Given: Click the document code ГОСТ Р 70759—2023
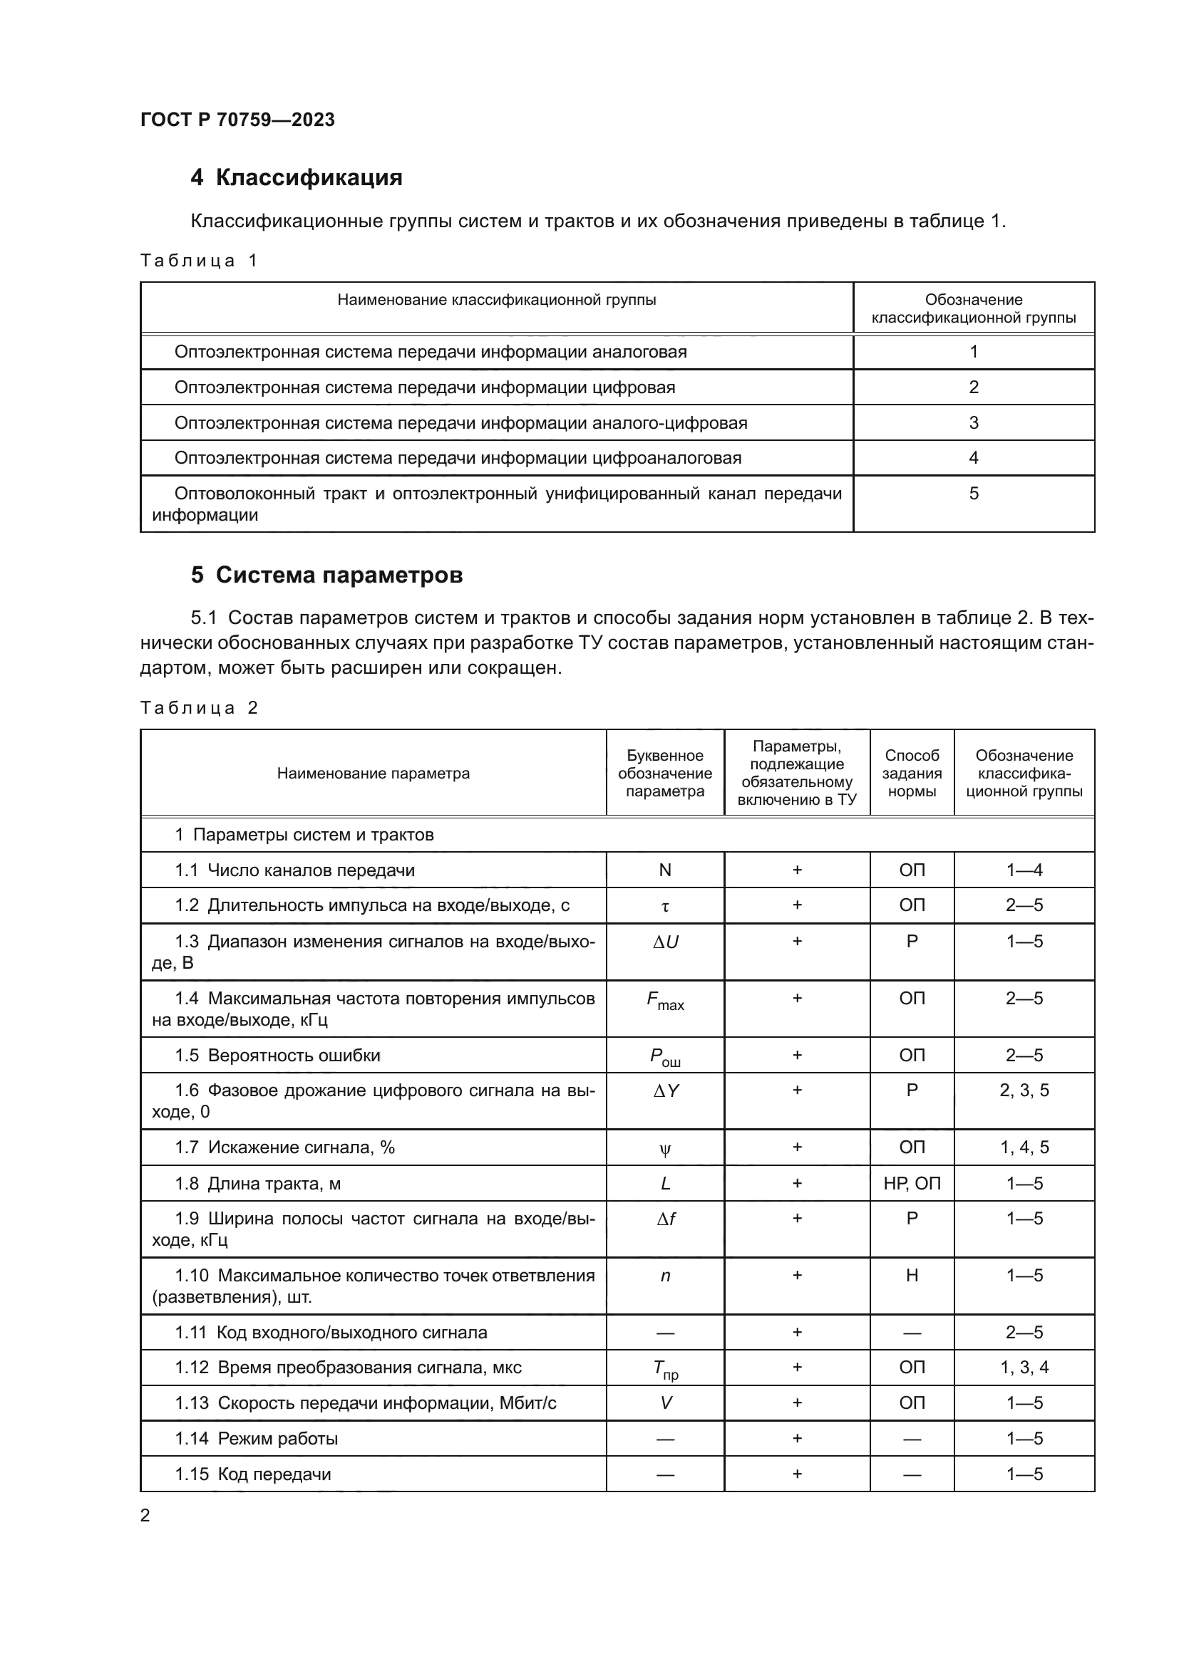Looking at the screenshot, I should (237, 120).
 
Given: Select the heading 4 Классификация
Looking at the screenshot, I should (297, 178).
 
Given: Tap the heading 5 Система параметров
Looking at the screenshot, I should (326, 576).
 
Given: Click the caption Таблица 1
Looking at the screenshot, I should (199, 261).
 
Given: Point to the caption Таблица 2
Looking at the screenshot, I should (199, 708).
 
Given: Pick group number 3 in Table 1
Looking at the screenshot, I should (973, 422).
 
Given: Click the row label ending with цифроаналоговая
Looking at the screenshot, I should (458, 458).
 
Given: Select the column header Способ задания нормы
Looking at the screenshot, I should (911, 774).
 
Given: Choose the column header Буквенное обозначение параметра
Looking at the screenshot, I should (664, 774).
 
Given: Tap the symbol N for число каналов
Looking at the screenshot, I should (664, 870).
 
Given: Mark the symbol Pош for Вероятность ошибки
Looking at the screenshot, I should (664, 1057).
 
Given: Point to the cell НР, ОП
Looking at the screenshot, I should (911, 1184).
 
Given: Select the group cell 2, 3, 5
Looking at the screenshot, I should (1024, 1090).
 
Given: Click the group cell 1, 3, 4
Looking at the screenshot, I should (1024, 1368).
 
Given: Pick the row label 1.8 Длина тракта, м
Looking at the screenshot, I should (258, 1184).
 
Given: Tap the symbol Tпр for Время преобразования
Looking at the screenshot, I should (664, 1369).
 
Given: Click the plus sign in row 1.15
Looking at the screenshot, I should (796, 1474).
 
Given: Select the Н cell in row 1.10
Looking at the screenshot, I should (911, 1276).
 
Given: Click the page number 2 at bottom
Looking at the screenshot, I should (145, 1516).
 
